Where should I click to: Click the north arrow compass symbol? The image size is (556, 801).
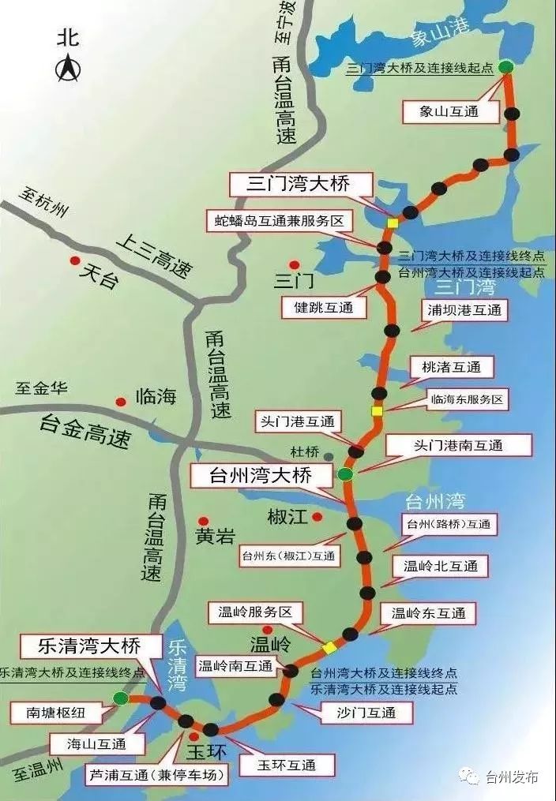click(66, 70)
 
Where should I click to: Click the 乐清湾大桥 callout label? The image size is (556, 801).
click(88, 646)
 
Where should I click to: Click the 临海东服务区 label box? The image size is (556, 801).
click(466, 399)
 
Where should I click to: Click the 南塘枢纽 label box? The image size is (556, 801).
click(54, 713)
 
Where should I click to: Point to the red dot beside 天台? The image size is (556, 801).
click(75, 261)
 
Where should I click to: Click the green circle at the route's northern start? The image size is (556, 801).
click(505, 68)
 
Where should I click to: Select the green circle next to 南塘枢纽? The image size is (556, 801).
click(120, 698)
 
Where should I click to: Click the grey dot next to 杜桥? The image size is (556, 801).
click(328, 457)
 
